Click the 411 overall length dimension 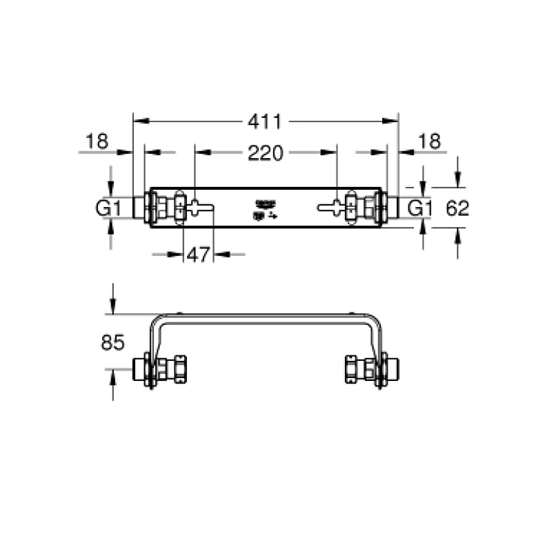pyautogui.click(x=266, y=121)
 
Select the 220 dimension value pyautogui.click(x=266, y=153)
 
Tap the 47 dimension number pyautogui.click(x=198, y=255)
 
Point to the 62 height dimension pyautogui.click(x=456, y=207)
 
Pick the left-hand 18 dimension pyautogui.click(x=97, y=142)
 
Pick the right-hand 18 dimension pyautogui.click(x=429, y=142)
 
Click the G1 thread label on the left pyautogui.click(x=108, y=207)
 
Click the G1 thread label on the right pyautogui.click(x=420, y=207)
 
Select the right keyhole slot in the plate pyautogui.click(x=330, y=206)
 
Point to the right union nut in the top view pyautogui.click(x=367, y=206)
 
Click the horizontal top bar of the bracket pyautogui.click(x=266, y=316)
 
